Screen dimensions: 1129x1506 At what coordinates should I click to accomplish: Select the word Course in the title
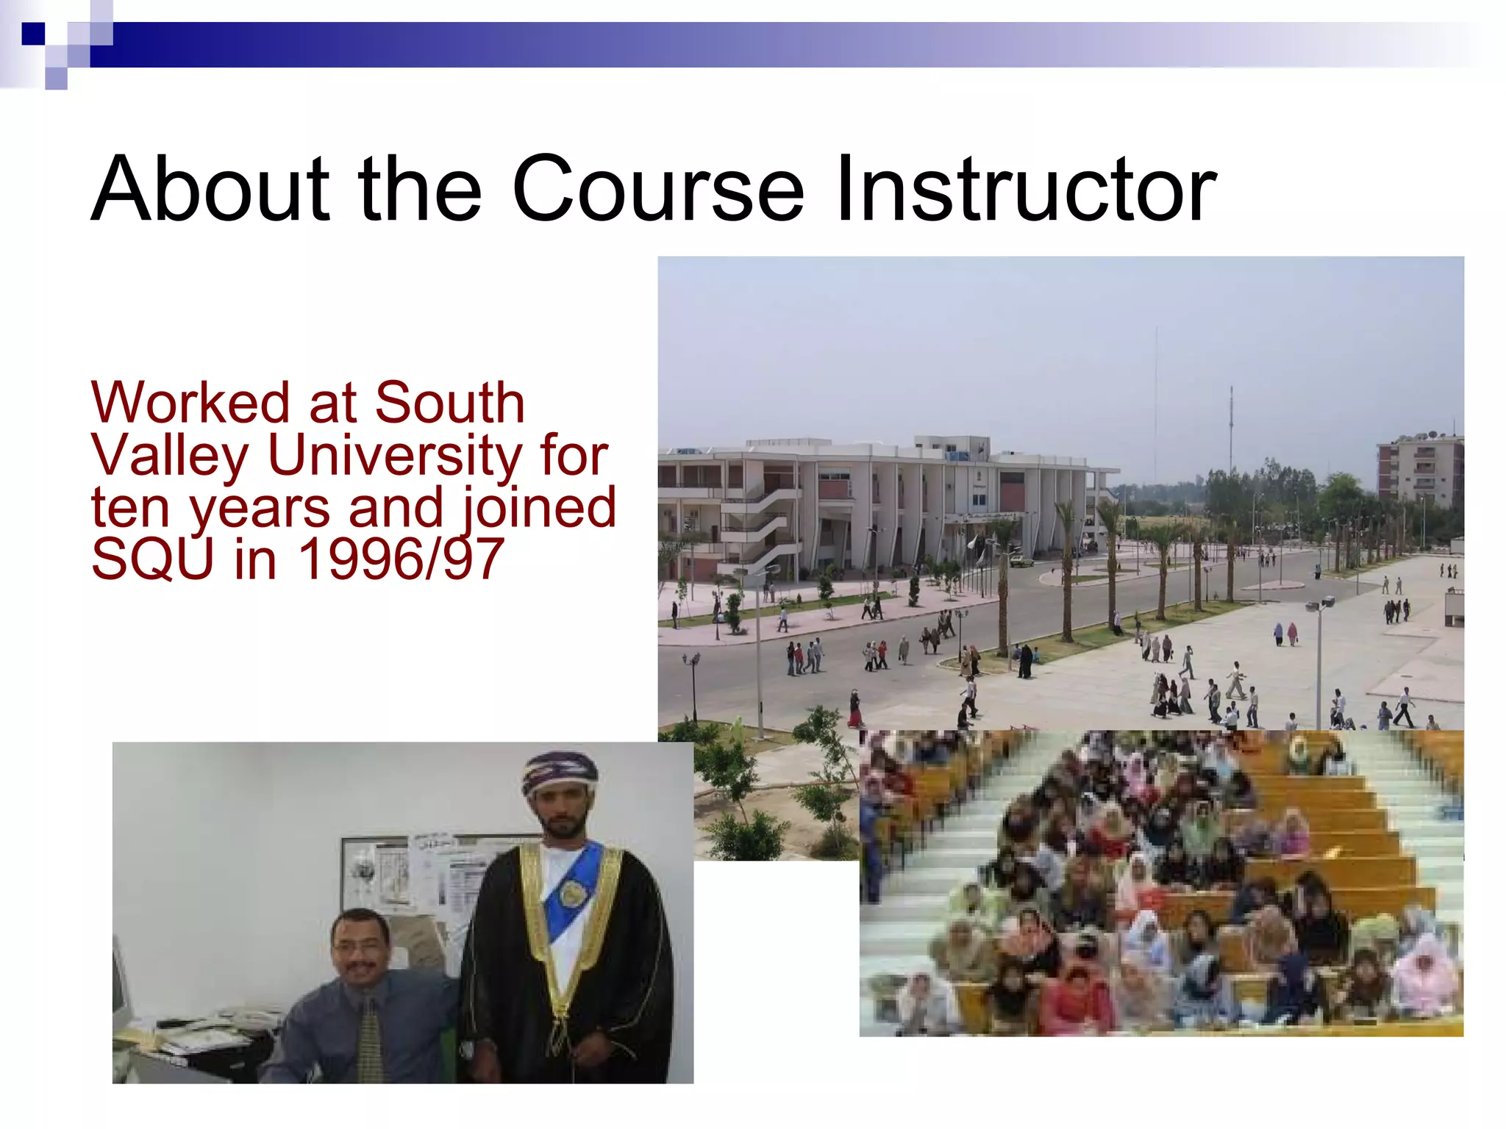coord(657,189)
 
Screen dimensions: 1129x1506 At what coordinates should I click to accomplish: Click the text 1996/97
coord(401,559)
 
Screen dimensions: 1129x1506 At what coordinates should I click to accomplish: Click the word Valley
coord(170,456)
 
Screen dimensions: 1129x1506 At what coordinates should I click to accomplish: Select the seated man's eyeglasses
coord(359,947)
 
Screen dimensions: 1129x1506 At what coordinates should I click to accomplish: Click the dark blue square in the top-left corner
coord(33,34)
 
